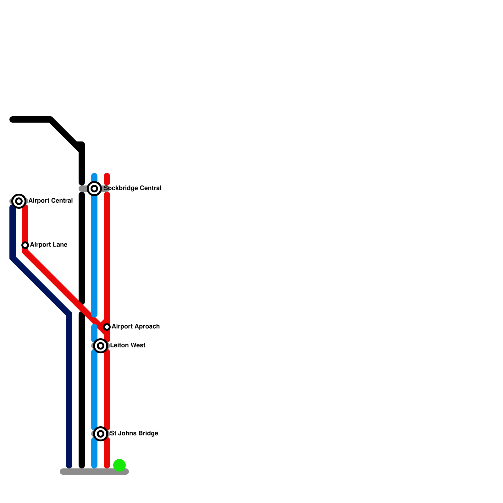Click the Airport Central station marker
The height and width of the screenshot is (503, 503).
tap(19, 201)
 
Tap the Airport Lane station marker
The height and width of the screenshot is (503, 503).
tap(25, 245)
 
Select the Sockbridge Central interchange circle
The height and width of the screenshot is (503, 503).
tap(94, 189)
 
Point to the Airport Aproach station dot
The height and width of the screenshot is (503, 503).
tap(107, 327)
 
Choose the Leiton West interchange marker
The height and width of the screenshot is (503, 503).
tap(101, 346)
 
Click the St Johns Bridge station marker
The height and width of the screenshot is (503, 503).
tap(101, 434)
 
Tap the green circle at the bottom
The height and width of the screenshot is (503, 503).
tap(119, 465)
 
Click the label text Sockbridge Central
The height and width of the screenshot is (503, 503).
tap(132, 188)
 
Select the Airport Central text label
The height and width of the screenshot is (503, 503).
tap(51, 201)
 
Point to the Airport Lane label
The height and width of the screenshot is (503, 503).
tap(49, 245)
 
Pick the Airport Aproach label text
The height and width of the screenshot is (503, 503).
tap(135, 326)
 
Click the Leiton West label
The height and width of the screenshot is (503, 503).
tap(128, 345)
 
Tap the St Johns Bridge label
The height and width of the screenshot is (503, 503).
tap(134, 433)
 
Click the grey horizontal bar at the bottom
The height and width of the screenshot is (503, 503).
tap(94, 472)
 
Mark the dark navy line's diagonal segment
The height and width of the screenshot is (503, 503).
tap(41, 286)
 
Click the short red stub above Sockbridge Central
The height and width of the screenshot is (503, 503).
tap(107, 179)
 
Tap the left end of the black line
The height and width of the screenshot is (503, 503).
tap(13, 119)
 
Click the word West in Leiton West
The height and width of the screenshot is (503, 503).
tap(138, 345)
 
